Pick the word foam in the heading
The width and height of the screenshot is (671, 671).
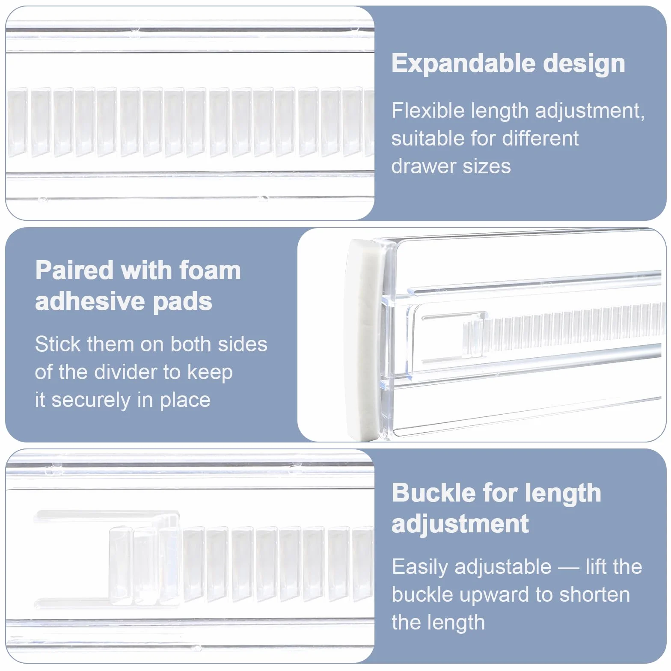tap(210, 270)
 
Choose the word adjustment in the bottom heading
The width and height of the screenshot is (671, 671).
tap(460, 525)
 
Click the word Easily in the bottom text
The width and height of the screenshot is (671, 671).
tap(420, 567)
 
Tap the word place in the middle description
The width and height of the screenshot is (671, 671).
tap(185, 401)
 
